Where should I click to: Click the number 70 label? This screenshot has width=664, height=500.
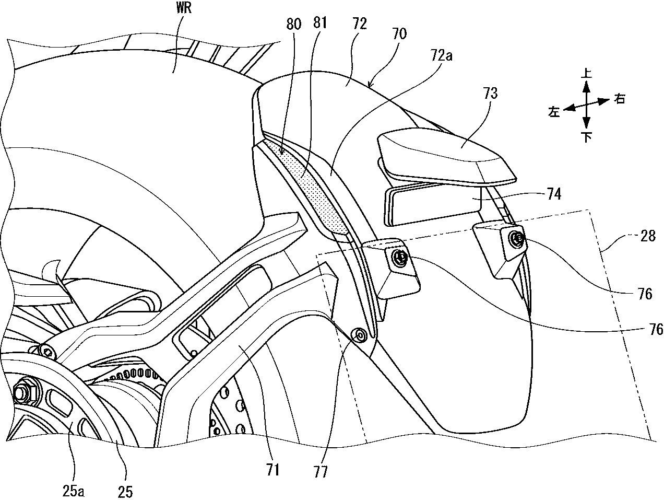[x=400, y=34]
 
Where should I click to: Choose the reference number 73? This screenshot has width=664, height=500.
[x=490, y=94]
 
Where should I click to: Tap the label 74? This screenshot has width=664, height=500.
[x=554, y=194]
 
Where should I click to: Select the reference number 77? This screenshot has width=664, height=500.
[x=321, y=472]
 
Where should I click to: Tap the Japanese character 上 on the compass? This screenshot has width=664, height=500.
[x=586, y=74]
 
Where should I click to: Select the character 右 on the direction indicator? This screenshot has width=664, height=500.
[x=619, y=99]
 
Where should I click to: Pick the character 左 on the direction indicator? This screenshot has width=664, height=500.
[x=553, y=111]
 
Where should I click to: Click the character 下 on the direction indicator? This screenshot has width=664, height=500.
[x=586, y=137]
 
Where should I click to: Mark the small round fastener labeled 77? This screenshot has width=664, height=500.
[x=359, y=334]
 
